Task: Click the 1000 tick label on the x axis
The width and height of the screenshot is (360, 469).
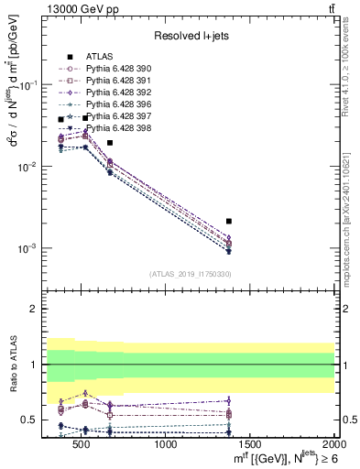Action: pyautogui.click(x=167, y=445)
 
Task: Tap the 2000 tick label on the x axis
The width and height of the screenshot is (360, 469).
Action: pyautogui.click(x=333, y=445)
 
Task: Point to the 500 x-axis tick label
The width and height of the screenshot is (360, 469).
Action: pyautogui.click(x=83, y=445)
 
